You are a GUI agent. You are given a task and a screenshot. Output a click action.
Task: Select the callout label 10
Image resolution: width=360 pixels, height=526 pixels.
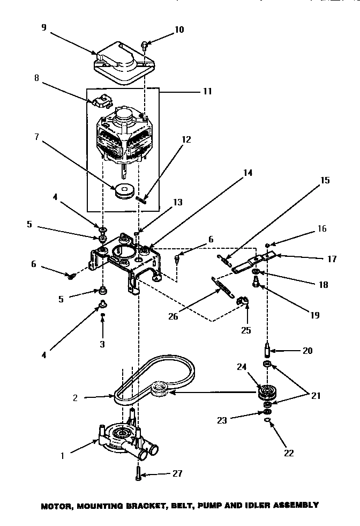pos(178,29)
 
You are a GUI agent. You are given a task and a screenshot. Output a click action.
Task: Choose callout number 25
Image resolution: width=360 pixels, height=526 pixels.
pos(246,330)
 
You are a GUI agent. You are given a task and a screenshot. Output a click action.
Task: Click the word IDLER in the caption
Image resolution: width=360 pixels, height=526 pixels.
pos(254,505)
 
